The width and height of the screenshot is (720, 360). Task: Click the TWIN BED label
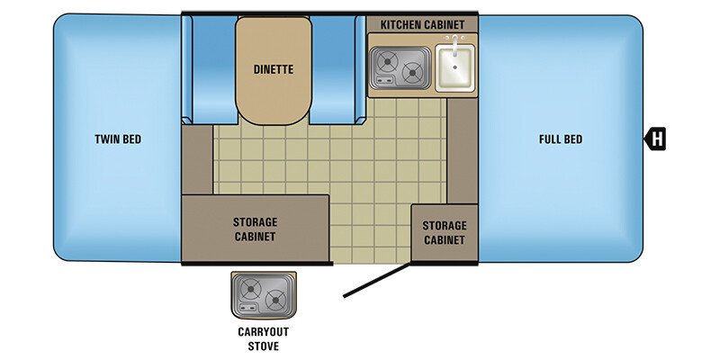118,139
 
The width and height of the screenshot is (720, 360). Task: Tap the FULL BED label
561,139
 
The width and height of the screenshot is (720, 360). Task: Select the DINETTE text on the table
274,68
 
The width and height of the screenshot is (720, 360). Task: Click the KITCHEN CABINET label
422,23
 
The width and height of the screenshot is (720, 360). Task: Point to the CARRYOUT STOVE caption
264,338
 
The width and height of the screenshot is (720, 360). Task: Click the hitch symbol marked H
657,139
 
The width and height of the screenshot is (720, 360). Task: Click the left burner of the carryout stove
250,290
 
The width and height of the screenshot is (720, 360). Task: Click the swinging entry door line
379,278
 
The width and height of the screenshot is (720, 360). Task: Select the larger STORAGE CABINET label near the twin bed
255,229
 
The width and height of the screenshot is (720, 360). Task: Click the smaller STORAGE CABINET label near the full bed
445,233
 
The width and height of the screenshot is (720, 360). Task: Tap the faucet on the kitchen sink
455,45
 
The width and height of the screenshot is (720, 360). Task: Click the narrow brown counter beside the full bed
462,149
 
